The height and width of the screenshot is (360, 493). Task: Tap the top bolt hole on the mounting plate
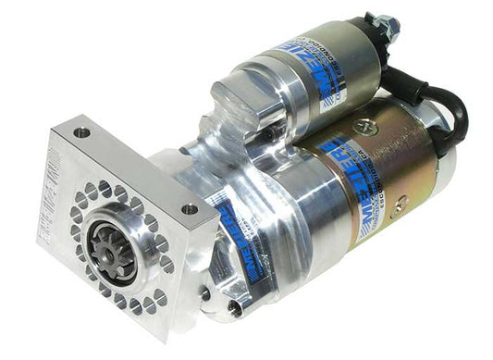pos(81,133)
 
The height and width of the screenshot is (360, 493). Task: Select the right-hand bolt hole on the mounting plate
pos(189,210)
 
